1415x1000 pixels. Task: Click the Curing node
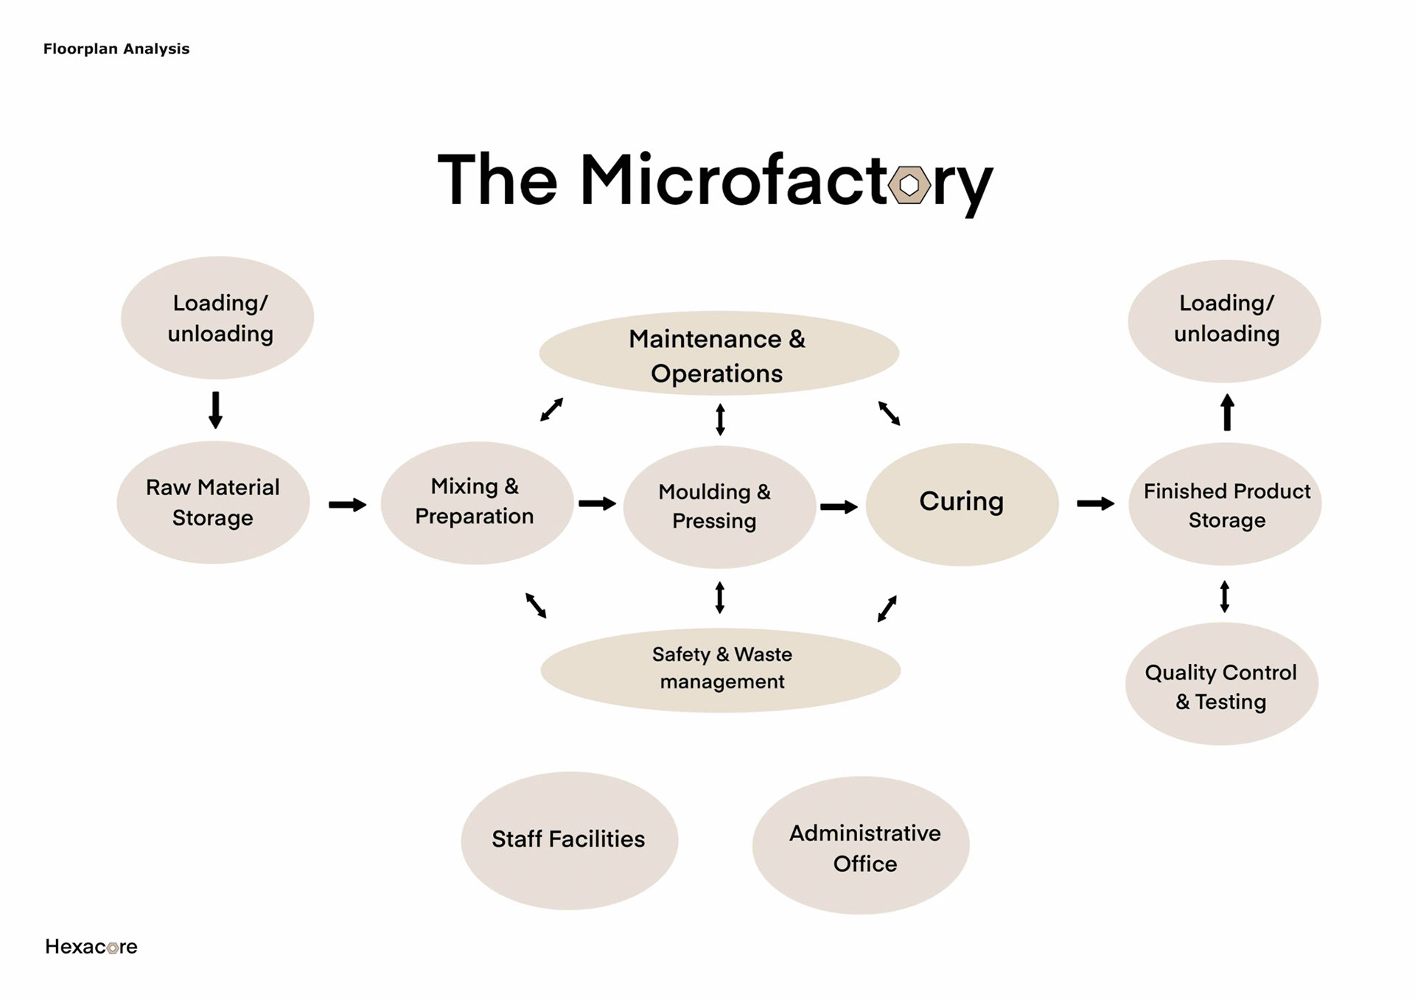point(962,504)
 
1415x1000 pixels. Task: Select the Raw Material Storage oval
point(213,503)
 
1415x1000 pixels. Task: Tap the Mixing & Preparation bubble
point(476,503)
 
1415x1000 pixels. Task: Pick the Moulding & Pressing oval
point(719,506)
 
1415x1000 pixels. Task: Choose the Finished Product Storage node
point(1225,504)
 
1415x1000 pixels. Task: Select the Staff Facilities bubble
point(569,840)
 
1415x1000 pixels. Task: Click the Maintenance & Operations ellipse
point(719,354)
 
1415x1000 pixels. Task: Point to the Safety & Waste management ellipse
point(720,670)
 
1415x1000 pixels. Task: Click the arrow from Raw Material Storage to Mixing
point(347,505)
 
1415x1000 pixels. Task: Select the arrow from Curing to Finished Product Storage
point(1095,504)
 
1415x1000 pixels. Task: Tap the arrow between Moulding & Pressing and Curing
point(839,507)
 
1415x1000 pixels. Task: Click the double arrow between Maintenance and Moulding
point(720,419)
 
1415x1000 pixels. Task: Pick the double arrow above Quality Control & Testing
point(1224,596)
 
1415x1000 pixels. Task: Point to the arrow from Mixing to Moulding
point(597,504)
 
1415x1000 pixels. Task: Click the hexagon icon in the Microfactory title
point(909,185)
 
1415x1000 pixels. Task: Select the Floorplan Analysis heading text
point(116,49)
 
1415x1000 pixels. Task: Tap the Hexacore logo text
point(91,947)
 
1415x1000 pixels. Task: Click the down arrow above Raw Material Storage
point(215,410)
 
